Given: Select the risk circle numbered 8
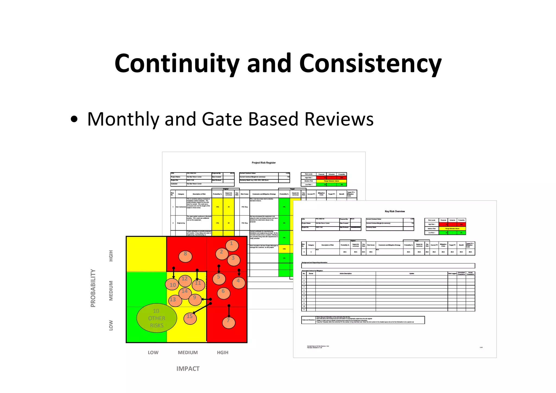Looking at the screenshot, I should pos(185,256).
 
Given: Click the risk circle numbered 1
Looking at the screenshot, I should pos(232,246).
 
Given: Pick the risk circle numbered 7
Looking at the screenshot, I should pos(229,322).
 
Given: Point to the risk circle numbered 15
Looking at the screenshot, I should pos(190,318).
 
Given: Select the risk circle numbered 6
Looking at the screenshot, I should pos(224,293).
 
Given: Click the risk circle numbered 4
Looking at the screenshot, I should pos(239,283).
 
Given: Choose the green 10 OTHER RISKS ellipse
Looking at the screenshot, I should pos(157,318).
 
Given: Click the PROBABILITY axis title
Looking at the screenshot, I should pos(93,288).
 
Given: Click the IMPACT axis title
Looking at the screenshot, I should pos(188,369).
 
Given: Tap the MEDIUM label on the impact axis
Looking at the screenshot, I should pos(188,353).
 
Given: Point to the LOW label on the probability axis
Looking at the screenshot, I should pos(111,325).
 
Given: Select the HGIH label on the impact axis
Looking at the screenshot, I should pos(223,353).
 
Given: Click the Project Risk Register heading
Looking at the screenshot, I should pos(264,163).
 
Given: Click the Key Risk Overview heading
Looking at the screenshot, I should pos(395,211).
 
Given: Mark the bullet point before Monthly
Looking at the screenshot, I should pos(74,120).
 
